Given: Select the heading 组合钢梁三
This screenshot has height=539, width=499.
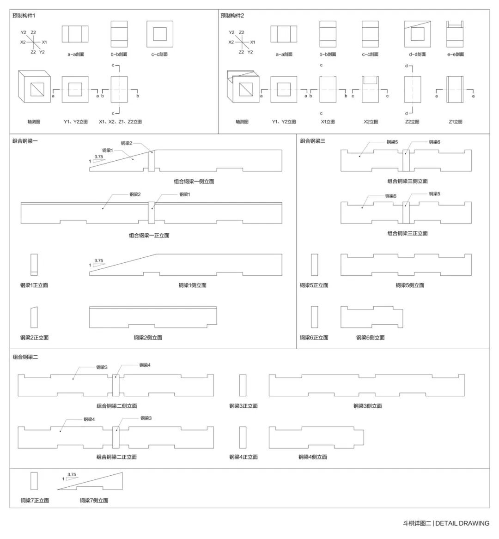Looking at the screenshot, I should pos(313,141).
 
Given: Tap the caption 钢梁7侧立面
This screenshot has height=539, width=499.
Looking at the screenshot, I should pos(94,500).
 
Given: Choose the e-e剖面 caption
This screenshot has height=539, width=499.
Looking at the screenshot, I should pos(455,54).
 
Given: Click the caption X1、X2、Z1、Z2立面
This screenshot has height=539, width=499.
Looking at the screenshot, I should pos(121,122).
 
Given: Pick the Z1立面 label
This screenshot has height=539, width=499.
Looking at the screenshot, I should pos(455,122).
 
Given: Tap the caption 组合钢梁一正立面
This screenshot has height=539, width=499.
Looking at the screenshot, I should pos(149,236).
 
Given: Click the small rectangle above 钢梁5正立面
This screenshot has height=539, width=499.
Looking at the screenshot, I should pos(314,265).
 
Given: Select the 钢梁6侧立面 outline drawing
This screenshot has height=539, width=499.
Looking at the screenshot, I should pos(370,317).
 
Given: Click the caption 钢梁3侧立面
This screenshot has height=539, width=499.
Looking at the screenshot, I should pos(368,406).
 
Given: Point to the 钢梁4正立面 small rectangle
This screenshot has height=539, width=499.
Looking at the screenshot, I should pos(243,437).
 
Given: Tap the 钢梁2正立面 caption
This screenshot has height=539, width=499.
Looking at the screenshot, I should pos(34,338).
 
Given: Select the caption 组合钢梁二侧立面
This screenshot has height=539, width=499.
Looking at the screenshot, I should pos(116,406).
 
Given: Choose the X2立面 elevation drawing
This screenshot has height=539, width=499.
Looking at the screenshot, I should pos(370,89).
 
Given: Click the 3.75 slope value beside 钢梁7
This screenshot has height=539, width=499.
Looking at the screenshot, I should pos(72,474).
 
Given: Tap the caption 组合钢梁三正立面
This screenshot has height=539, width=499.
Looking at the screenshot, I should pos(408,233).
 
